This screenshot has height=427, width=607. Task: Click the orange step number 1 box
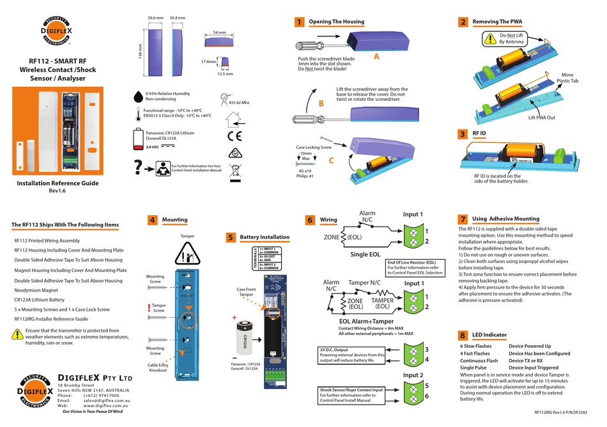point(299,22)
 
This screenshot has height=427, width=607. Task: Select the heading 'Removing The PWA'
point(497,22)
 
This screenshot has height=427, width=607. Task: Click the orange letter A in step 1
point(376,56)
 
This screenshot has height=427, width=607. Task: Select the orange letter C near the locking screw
point(330,160)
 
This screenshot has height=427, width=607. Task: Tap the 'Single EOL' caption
point(366,255)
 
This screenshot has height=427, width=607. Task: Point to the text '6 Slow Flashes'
point(475,346)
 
